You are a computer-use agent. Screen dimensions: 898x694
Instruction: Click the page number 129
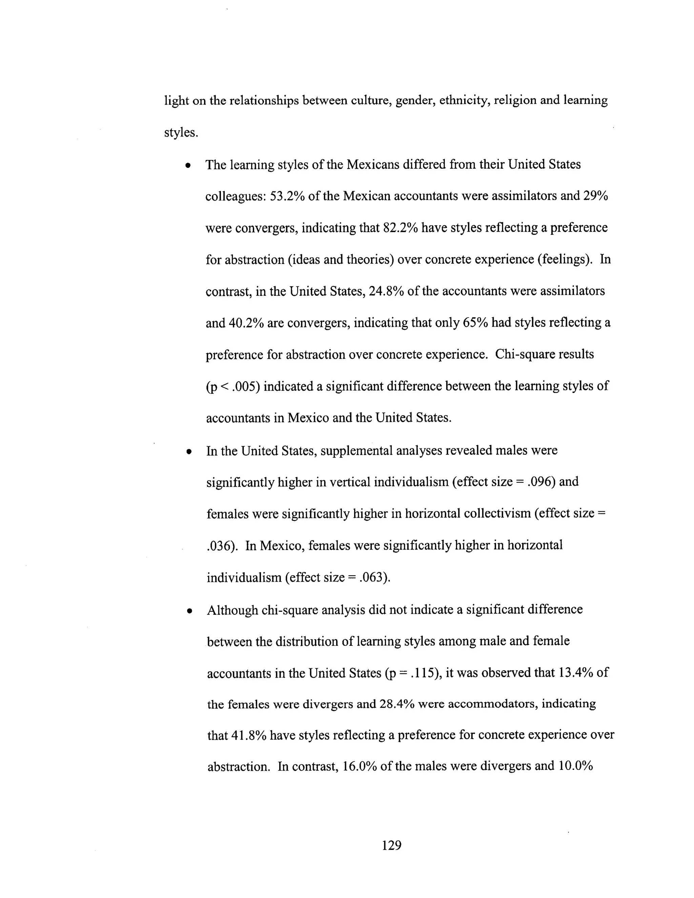[x=391, y=845]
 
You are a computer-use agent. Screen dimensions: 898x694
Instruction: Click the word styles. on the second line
[x=181, y=133]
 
